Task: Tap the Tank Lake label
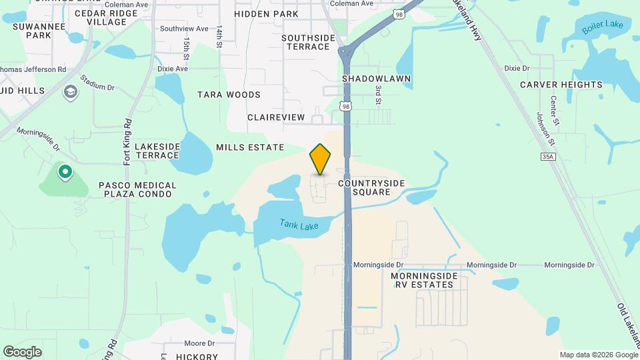pos(299,226)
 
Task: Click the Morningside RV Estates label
pos(421,280)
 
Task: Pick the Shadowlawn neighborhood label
pos(376,79)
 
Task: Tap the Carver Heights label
pos(561,85)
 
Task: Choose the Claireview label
pos(275,117)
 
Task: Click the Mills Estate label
pos(250,147)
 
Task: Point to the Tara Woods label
pos(229,95)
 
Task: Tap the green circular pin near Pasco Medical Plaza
pos(65,173)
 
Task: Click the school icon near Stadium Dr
pos(70,91)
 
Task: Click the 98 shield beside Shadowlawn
pos(345,106)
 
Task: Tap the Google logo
pos(22,351)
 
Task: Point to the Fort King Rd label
pos(127,143)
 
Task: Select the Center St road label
pos(553,107)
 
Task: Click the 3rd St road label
pos(377,94)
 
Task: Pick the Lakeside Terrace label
pos(157,151)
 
